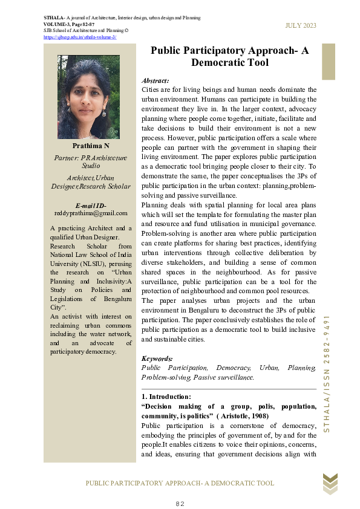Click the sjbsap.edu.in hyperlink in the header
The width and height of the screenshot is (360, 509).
80,37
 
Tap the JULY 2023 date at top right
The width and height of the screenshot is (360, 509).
301,25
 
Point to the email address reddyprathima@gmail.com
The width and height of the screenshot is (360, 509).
91,213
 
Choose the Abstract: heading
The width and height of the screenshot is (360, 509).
155,80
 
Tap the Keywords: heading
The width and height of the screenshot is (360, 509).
157,358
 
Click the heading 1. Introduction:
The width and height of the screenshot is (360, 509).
166,397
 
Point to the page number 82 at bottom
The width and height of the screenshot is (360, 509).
180,504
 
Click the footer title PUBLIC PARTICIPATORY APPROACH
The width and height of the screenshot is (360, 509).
180,483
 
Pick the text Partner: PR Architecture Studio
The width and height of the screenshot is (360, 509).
91,161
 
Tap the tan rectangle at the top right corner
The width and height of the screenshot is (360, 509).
328,61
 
